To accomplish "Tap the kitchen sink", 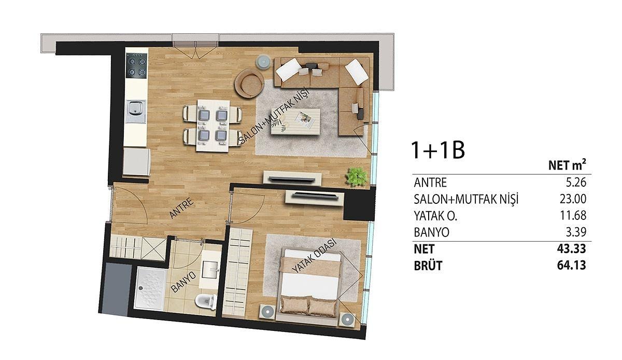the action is (135, 111).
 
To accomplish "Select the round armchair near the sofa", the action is (249, 83).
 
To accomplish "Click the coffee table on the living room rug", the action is (295, 121).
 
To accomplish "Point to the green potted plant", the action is (356, 176).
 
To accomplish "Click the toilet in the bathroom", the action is (206, 301).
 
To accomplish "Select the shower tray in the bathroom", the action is (150, 288).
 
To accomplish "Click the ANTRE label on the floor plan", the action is (181, 207).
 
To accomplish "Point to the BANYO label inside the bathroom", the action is (183, 282).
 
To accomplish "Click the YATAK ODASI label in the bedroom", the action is (314, 255).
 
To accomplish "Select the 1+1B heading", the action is (438, 150).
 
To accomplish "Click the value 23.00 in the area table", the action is (573, 199).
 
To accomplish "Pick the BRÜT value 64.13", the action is (571, 265).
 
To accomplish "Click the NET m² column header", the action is (567, 165).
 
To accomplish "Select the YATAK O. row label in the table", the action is (435, 216).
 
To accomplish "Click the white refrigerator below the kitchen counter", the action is (137, 162).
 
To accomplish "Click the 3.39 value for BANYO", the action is (576, 232).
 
